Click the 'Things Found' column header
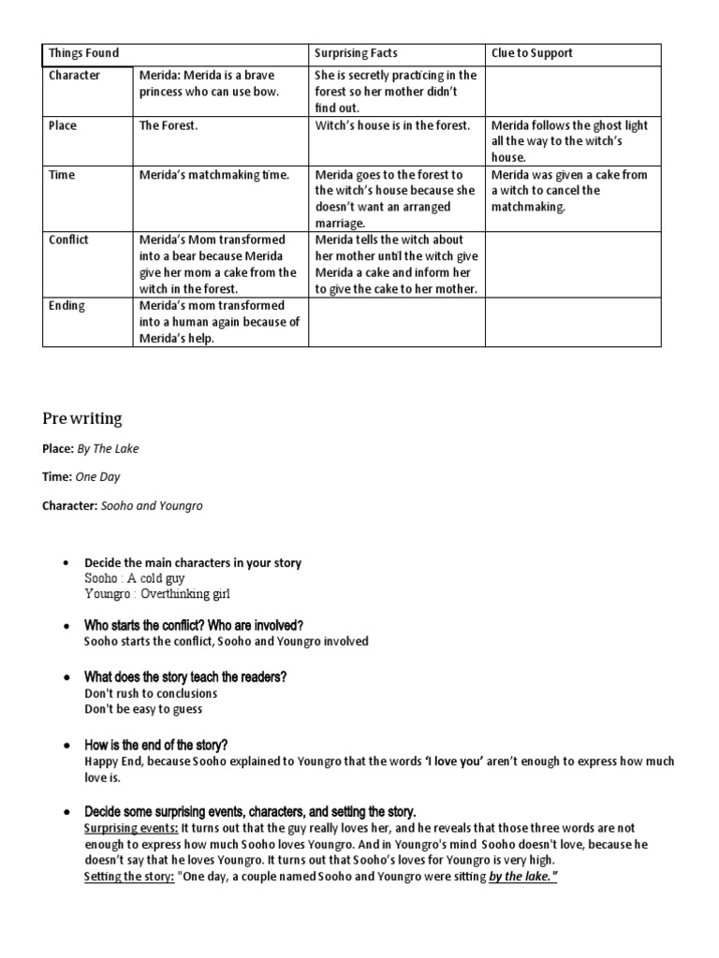(83, 53)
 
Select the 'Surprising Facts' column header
(356, 53)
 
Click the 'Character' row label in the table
(74, 75)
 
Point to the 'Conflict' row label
(68, 239)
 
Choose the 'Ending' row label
(66, 305)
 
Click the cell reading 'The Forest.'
(169, 125)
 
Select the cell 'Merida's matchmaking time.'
(214, 175)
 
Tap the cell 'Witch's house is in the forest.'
(392, 125)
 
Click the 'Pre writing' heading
(81, 417)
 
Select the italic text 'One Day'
(98, 477)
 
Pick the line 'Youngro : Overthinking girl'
(156, 594)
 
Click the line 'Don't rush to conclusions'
(151, 693)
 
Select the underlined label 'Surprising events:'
(131, 828)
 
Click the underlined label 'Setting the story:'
(129, 877)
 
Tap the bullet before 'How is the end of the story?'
(66, 746)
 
